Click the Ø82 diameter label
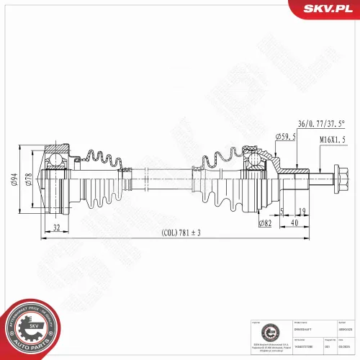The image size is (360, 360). point(266,224)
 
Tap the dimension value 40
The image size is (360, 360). point(296,223)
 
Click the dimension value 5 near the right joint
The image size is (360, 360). point(282,210)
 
